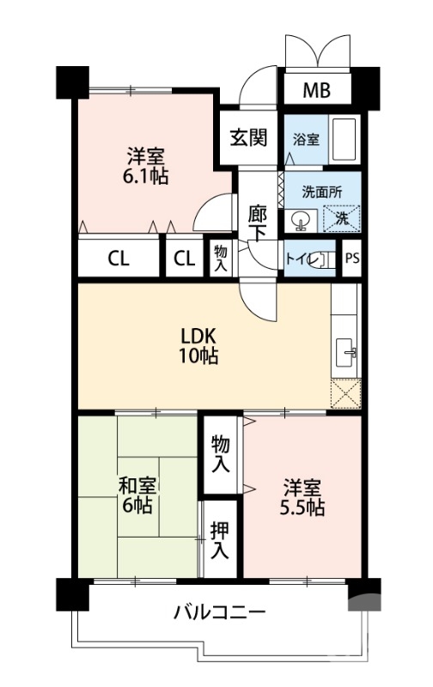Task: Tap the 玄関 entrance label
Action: (x=247, y=137)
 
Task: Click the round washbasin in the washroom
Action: (x=300, y=220)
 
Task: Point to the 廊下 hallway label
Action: (x=256, y=222)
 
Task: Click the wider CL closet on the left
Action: (x=119, y=259)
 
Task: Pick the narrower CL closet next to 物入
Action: (x=184, y=259)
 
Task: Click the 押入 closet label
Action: (x=220, y=539)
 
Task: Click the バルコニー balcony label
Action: (x=219, y=613)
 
